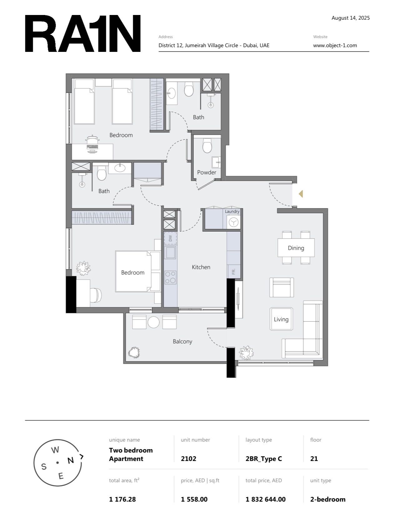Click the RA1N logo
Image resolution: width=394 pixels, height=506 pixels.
82,33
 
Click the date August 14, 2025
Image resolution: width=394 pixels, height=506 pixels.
351,18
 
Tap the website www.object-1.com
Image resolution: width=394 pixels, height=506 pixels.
335,45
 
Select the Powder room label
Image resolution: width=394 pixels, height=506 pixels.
207,172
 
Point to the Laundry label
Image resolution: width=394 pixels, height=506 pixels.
232,212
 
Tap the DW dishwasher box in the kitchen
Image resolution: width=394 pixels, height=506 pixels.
170,238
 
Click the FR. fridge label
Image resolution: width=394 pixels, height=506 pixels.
234,271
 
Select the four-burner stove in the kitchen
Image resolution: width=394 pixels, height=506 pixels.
170,278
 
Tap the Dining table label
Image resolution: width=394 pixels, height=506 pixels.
296,248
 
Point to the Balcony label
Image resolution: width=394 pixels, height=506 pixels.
182,341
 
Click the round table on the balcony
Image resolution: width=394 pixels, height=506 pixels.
154,322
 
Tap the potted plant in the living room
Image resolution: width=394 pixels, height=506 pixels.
246,353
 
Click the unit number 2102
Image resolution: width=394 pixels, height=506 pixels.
188,458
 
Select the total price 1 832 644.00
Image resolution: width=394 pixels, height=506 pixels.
266,499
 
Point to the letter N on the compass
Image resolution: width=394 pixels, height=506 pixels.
71,460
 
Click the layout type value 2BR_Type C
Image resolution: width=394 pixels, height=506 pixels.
264,459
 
